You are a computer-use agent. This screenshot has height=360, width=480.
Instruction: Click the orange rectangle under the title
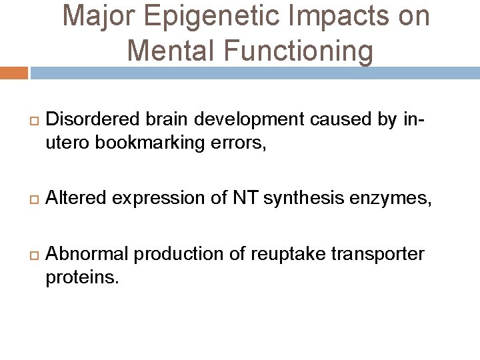coord(13,73)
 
